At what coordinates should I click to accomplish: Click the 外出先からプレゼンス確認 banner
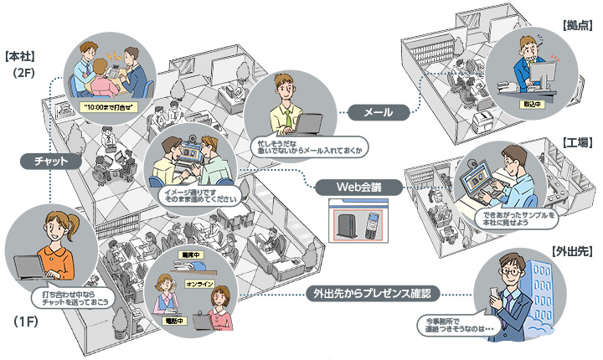point(372,294)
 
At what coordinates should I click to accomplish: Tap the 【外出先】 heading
point(572,250)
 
